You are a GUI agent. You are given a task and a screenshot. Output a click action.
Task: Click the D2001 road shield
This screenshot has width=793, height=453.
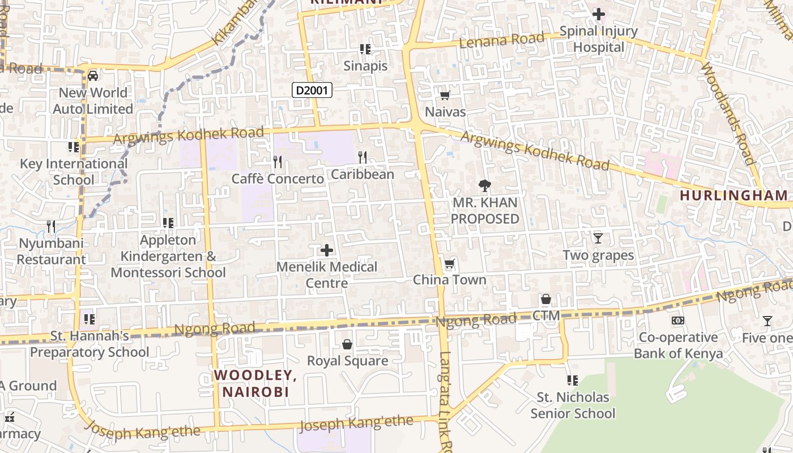click(x=312, y=89)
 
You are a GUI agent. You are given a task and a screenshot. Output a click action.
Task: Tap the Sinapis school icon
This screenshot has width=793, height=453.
click(x=365, y=49)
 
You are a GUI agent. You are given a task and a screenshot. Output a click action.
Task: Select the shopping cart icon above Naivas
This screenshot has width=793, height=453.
click(x=445, y=95)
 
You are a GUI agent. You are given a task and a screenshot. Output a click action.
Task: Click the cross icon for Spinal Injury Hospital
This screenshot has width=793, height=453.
click(x=598, y=14)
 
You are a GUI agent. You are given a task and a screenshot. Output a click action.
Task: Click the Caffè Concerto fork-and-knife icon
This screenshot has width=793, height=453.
click(x=278, y=162)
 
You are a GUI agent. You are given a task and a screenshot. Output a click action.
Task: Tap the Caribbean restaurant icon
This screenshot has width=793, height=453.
click(x=363, y=157)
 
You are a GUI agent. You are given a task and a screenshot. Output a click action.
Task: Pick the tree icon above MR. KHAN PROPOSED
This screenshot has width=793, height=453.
click(x=484, y=185)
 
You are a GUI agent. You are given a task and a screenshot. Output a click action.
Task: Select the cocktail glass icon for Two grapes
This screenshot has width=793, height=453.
click(x=598, y=238)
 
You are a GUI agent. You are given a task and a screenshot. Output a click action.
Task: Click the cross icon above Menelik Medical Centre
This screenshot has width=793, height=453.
click(x=327, y=250)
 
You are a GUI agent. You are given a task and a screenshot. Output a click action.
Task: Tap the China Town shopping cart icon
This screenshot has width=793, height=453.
click(x=450, y=263)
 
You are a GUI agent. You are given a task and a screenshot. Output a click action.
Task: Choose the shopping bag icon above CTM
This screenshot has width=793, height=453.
click(x=546, y=298)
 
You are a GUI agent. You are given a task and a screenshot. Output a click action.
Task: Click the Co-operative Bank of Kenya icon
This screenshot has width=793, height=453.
click(x=678, y=320)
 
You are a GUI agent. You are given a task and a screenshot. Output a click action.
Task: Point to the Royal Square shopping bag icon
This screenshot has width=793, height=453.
click(x=347, y=344)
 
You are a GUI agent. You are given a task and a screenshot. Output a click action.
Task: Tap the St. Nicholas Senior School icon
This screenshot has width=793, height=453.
click(x=573, y=380)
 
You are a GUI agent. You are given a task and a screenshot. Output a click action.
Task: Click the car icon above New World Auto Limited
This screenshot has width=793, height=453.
click(x=93, y=75)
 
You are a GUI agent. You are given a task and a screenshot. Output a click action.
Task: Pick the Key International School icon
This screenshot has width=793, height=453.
click(x=74, y=147)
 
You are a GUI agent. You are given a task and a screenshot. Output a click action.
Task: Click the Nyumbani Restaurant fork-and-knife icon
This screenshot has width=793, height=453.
click(x=52, y=226)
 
